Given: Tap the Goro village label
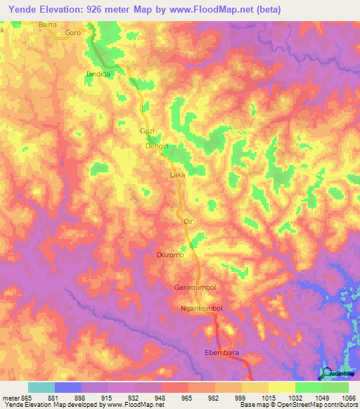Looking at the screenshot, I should pyautogui.click(x=72, y=33).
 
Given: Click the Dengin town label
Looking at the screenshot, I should pyautogui.click(x=156, y=147).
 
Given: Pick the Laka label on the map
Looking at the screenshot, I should pyautogui.click(x=178, y=174).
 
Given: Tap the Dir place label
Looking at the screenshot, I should pyautogui.click(x=187, y=221).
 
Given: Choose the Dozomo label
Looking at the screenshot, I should pyautogui.click(x=170, y=255).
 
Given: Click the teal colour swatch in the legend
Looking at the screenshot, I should pyautogui.click(x=41, y=387).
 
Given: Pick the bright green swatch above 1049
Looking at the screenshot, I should pyautogui.click(x=309, y=387).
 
